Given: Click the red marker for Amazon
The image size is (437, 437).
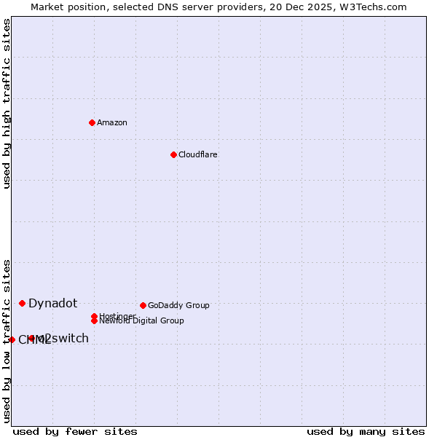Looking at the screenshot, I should tap(92, 122).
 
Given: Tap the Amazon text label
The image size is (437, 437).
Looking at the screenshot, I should tap(112, 122).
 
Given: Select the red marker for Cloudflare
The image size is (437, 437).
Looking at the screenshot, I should tap(173, 154).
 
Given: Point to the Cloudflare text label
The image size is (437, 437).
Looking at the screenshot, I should tap(197, 154).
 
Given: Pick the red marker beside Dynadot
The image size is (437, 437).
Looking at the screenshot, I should tap(22, 303).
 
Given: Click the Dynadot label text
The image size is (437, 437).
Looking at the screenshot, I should tap(52, 304).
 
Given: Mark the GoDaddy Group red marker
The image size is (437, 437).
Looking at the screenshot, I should tap(143, 305).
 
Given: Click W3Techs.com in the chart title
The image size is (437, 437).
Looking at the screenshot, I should tap(371, 7).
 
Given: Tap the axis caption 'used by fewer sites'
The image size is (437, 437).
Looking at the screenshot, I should tap(75, 431).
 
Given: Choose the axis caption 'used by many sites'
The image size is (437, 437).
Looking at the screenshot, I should tap(366, 431).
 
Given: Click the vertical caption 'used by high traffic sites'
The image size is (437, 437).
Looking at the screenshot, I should tap(7, 103).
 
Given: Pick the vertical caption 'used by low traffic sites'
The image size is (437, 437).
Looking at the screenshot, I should tap(7, 341).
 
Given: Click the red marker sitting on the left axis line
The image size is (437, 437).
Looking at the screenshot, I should tap(12, 339).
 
